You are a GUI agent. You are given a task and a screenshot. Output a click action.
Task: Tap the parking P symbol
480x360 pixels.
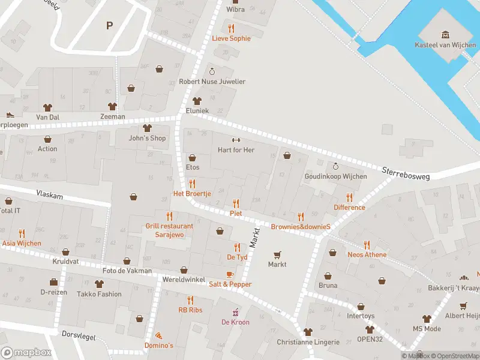(109, 25)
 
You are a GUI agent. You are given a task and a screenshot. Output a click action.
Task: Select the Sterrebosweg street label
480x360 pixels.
(406, 172)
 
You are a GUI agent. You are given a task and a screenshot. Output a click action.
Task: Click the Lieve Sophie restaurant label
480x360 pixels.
(231, 38)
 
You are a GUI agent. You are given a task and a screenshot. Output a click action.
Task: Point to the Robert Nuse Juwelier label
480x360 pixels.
(212, 82)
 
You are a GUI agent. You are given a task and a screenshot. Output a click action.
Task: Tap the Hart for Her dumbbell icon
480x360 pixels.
(236, 140)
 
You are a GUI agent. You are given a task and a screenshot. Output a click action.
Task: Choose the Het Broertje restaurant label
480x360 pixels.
(192, 194)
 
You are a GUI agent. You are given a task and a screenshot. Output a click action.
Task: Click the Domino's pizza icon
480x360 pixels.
(158, 335)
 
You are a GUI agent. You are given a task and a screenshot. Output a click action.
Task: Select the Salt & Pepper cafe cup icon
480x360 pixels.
(230, 274)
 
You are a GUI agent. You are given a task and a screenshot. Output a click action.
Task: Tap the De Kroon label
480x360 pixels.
(235, 322)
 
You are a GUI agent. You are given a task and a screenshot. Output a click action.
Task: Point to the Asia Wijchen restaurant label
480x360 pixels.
(22, 243)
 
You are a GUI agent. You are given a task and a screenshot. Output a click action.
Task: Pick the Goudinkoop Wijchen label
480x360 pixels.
(335, 176)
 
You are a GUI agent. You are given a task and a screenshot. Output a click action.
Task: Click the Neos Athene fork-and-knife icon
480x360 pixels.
(367, 245)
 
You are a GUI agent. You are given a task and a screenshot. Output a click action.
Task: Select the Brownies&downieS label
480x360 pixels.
(301, 227)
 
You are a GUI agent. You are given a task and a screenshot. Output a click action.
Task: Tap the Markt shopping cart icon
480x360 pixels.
(277, 254)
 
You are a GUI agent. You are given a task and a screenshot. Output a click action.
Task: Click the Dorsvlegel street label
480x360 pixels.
(79, 337)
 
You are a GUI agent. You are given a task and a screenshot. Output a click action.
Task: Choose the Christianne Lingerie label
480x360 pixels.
(308, 342)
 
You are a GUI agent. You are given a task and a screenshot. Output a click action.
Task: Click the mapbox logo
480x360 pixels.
(26, 352)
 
